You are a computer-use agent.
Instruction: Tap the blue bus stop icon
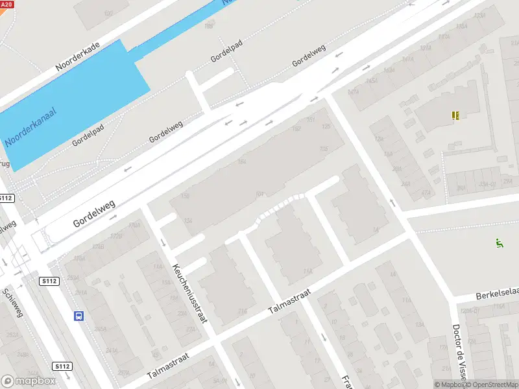[78, 316]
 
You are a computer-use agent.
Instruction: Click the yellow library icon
[456, 115]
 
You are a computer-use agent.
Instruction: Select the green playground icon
[499, 244]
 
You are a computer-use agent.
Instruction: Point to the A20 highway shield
[6, 4]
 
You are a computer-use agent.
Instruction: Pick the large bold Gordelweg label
[95, 213]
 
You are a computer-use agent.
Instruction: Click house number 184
[243, 162]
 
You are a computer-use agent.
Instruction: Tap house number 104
[260, 193]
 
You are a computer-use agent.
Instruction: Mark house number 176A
[134, 225]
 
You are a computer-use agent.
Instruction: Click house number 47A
[426, 193]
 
